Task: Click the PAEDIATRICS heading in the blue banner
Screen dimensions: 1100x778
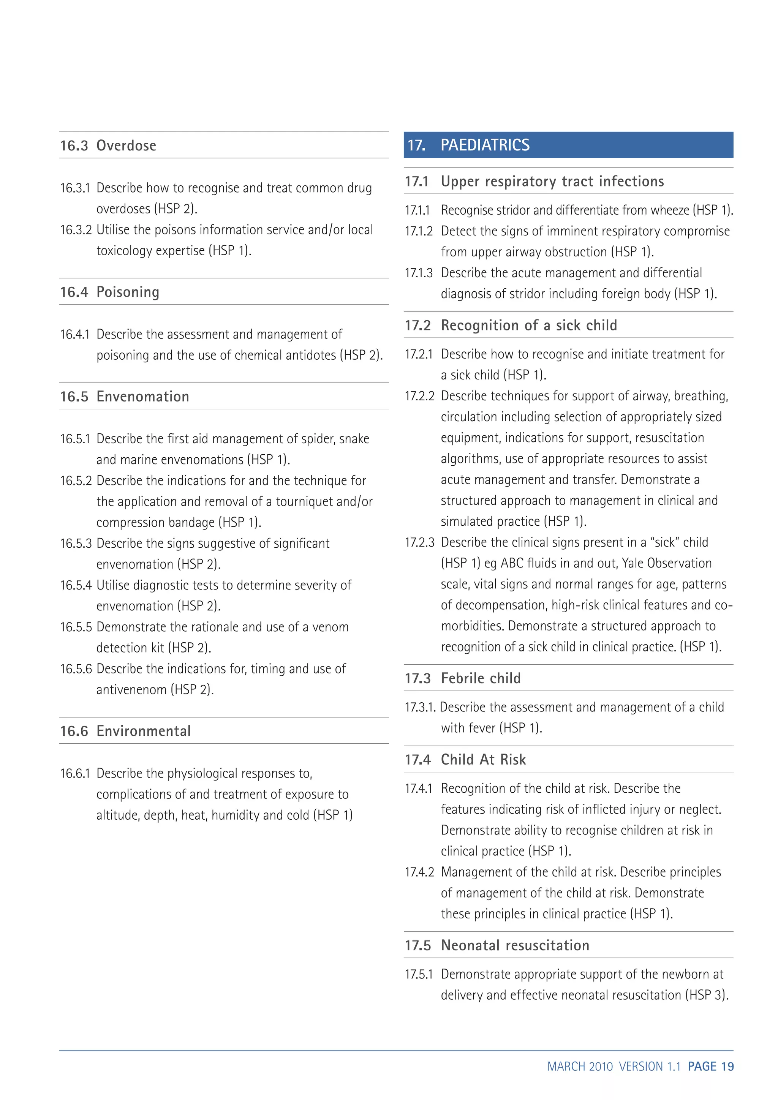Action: pyautogui.click(x=484, y=145)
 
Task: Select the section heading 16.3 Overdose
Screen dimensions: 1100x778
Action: pyautogui.click(x=108, y=145)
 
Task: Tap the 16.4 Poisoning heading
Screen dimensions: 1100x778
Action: pyautogui.click(x=110, y=292)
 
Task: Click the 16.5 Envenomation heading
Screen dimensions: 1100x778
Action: pyautogui.click(x=125, y=397)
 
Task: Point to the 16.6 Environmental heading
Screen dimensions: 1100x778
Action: pyautogui.click(x=125, y=731)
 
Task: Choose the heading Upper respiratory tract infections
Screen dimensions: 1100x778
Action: pyautogui.click(x=552, y=182)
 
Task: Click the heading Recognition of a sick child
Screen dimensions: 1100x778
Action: pyautogui.click(x=528, y=325)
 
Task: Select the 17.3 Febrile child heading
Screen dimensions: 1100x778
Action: pyautogui.click(x=462, y=678)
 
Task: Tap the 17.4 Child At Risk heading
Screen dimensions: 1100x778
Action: pyautogui.click(x=465, y=759)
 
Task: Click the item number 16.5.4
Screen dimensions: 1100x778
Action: pyautogui.click(x=76, y=585)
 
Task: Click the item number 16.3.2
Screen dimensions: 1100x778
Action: pyautogui.click(x=76, y=230)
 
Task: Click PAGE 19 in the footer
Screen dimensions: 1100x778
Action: pyautogui.click(x=710, y=1067)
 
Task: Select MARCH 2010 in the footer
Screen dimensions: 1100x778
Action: pyautogui.click(x=580, y=1067)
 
